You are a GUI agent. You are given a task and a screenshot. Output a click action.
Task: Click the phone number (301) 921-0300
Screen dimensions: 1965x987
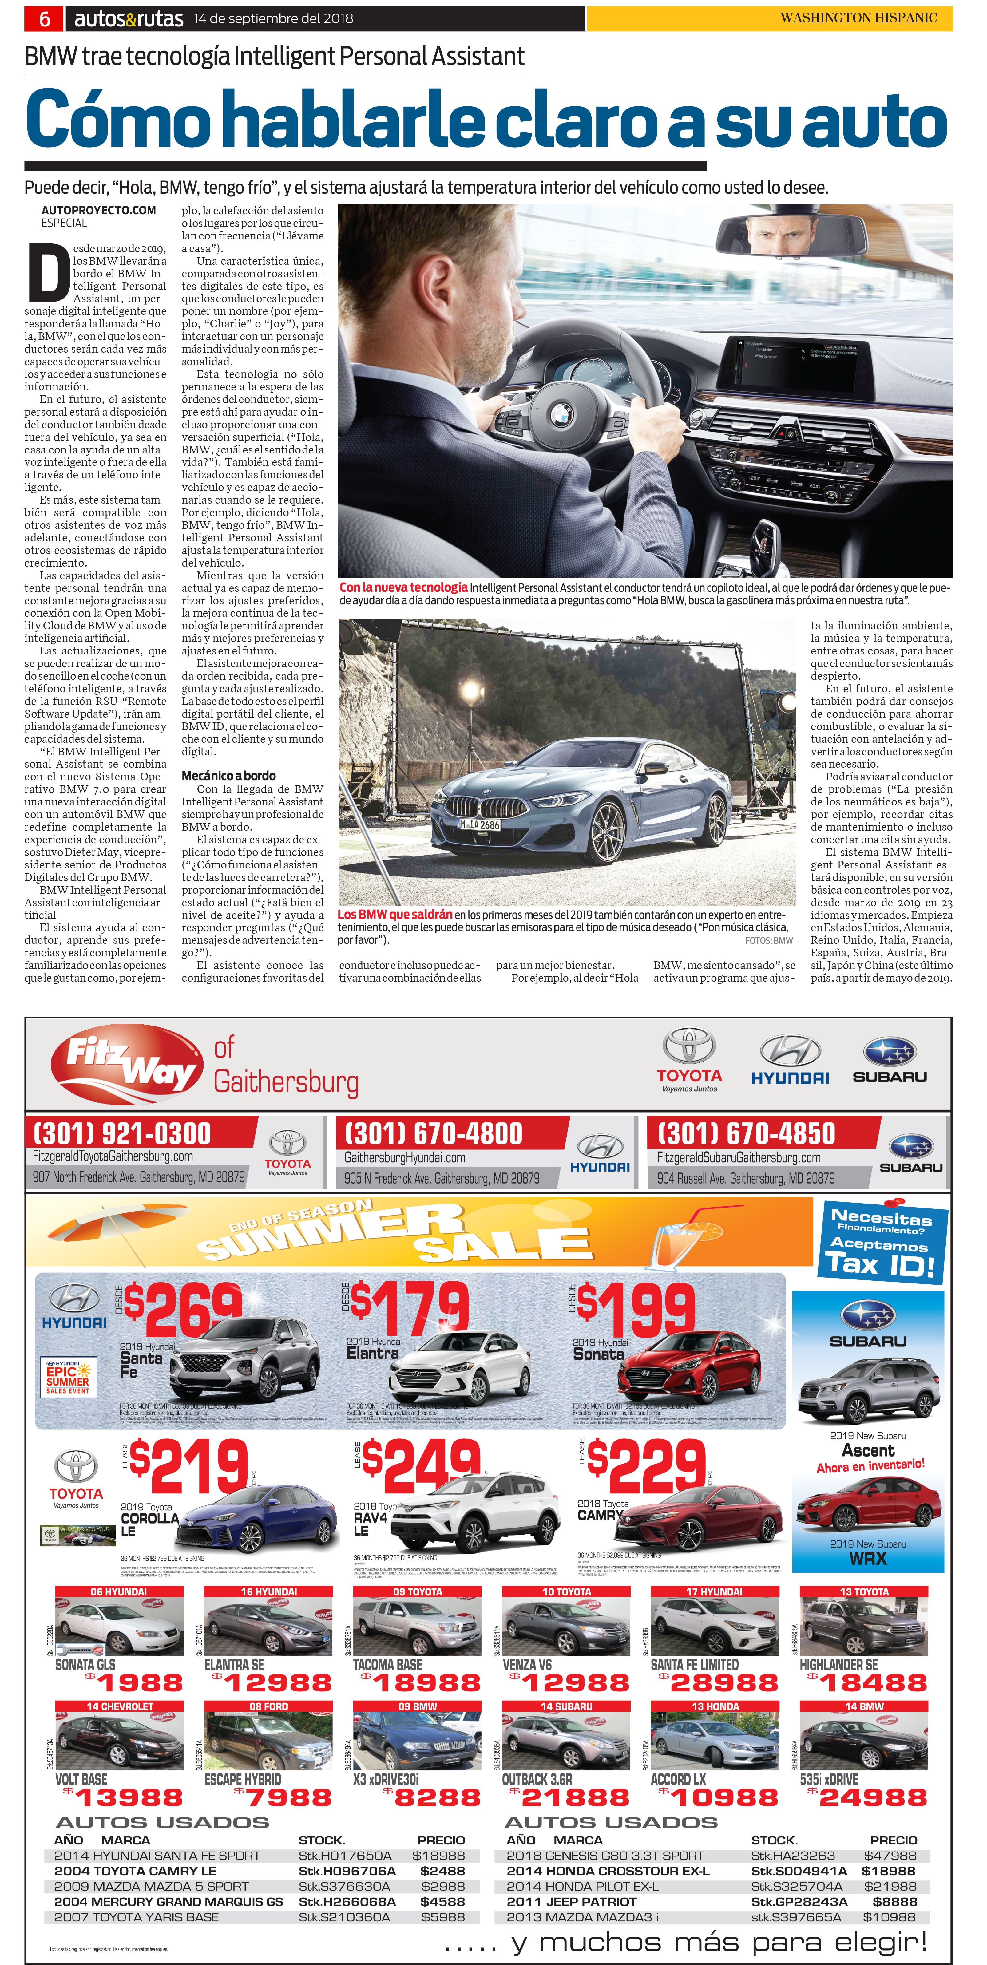122,1133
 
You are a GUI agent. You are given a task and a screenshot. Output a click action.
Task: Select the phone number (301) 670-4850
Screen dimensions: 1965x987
746,1133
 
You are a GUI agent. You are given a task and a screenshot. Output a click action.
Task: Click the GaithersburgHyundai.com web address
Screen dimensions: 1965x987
405,1157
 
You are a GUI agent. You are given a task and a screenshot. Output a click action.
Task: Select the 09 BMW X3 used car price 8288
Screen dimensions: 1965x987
437,1798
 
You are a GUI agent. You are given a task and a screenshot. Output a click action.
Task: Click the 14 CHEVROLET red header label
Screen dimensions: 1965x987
120,1706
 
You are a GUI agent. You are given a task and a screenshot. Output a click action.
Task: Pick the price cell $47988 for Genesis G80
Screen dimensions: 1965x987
889,1855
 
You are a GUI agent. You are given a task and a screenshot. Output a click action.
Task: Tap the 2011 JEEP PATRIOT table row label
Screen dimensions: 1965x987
571,1901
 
